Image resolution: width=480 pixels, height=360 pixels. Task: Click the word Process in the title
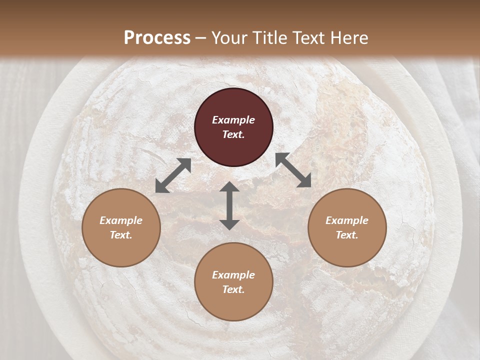(157, 38)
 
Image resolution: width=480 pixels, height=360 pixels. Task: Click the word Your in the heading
(230, 38)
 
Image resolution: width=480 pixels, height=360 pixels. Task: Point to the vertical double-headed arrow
(229, 205)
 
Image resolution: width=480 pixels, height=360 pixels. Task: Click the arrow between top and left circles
(173, 175)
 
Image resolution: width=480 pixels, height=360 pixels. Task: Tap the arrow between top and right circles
(293, 170)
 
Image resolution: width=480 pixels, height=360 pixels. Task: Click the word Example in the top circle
(233, 120)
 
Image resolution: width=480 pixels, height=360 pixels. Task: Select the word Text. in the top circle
(233, 134)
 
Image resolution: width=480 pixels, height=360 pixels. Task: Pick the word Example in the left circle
(121, 220)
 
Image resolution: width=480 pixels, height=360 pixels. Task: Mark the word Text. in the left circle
(121, 235)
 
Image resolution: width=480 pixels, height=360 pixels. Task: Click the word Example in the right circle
(347, 220)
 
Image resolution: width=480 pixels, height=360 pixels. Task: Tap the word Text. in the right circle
(347, 235)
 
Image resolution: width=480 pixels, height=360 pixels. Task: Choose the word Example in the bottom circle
(233, 275)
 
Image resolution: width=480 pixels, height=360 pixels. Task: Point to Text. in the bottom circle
(233, 289)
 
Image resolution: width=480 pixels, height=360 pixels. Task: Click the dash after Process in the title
(200, 38)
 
